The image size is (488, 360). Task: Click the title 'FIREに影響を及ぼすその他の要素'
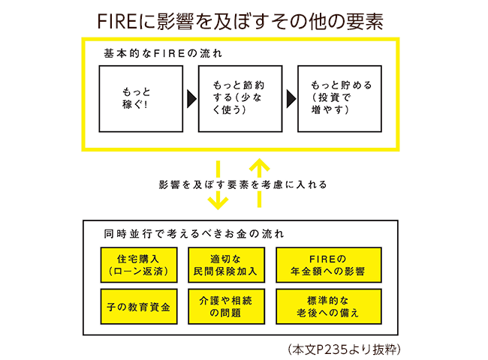(x=244, y=20)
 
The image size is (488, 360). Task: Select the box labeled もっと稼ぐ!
(x=141, y=98)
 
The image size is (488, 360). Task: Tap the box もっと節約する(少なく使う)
(x=240, y=98)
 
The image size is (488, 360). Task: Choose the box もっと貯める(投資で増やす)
(x=340, y=98)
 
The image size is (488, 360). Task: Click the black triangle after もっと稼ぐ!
(x=191, y=98)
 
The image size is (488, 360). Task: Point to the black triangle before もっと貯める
(x=291, y=98)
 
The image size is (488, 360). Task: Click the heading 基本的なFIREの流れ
(x=163, y=54)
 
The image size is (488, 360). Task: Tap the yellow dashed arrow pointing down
(x=218, y=184)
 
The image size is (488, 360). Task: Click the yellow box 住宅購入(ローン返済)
(x=138, y=263)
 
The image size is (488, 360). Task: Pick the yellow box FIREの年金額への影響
(x=329, y=263)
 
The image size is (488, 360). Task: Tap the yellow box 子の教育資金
(x=138, y=306)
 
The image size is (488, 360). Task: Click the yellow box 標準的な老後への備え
(x=329, y=306)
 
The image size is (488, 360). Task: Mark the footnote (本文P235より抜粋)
(x=346, y=348)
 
